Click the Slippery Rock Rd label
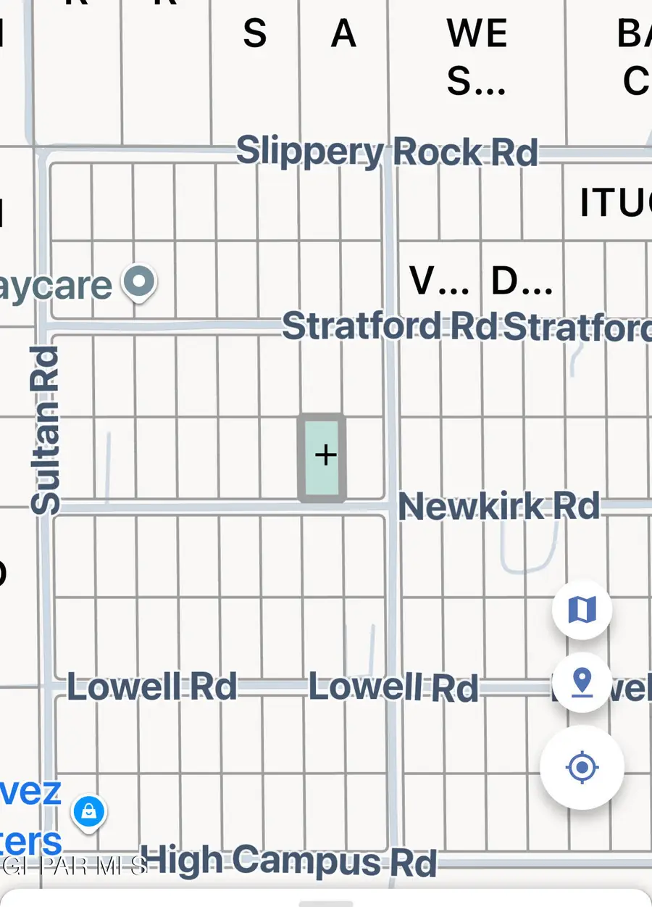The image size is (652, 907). click(387, 152)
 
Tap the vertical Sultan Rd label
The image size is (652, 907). click(45, 431)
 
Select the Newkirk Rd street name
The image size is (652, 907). click(499, 506)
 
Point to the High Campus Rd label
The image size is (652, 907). click(288, 861)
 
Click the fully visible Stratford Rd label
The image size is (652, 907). click(390, 326)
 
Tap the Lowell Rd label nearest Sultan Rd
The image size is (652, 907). click(152, 686)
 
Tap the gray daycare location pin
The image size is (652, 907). click(139, 282)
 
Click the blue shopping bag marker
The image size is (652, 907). click(89, 812)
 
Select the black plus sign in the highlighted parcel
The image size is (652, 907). click(325, 455)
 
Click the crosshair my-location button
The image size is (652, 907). click(582, 767)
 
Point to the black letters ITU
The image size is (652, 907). click(614, 204)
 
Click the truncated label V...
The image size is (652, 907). click(438, 282)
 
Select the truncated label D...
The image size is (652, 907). click(522, 282)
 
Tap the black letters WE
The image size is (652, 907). click(476, 34)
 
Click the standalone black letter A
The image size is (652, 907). click(343, 34)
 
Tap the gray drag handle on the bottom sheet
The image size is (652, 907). click(325, 903)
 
